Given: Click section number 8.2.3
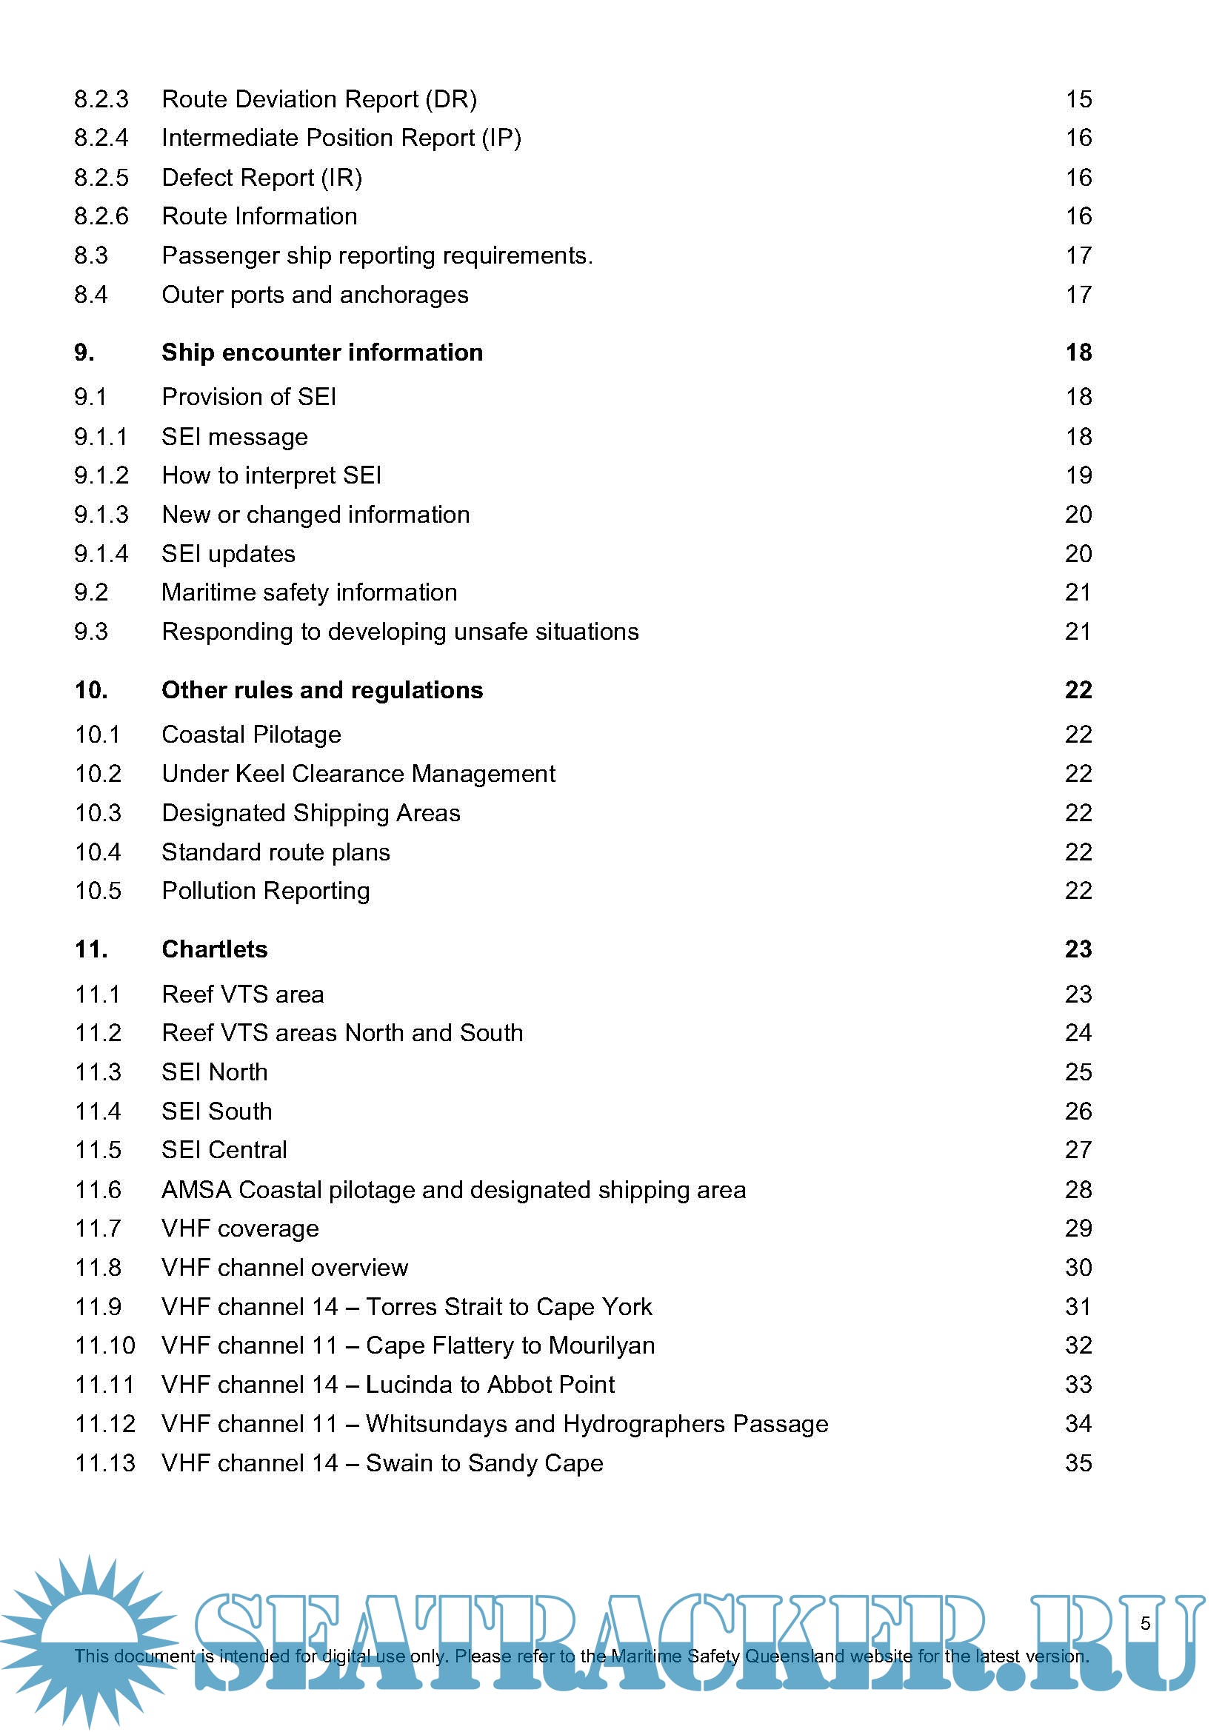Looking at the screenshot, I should pos(101,99).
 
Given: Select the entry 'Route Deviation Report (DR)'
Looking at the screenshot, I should pos(319,99).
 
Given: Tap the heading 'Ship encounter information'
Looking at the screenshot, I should pos(322,352).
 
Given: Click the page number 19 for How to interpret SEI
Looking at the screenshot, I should pos(1078,475).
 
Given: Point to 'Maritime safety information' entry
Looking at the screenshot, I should pos(310,592).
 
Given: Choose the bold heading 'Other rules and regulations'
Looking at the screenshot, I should pos(322,690).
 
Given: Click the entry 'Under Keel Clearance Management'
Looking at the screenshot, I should pos(358,774).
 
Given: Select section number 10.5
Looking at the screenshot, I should pos(98,891).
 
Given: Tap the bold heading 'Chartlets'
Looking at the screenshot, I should pos(214,949).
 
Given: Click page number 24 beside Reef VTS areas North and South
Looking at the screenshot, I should pos(1078,1033).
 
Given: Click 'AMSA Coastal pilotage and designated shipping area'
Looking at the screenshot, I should pos(453,1190).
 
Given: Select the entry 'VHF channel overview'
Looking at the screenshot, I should pos(284,1267).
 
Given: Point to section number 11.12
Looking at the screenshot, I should pos(105,1423).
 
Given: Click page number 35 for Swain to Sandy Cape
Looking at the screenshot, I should pos(1078,1462).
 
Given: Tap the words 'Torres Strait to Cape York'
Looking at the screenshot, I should pos(508,1306).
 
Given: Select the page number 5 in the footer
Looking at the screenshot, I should pos(1145,1622).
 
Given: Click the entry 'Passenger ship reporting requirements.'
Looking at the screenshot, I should pos(377,255).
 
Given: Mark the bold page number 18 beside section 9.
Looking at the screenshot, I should pos(1078,352).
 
